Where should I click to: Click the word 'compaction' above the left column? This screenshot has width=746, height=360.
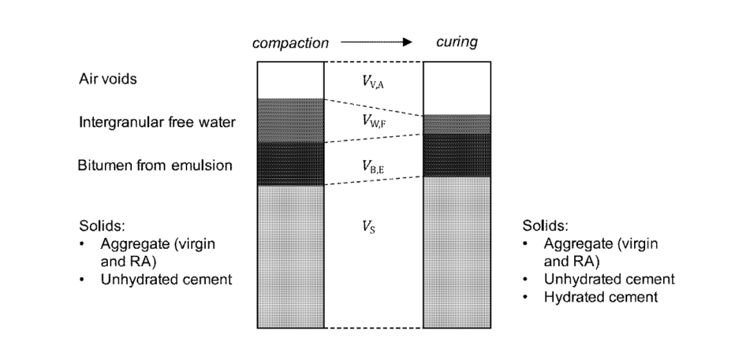289,43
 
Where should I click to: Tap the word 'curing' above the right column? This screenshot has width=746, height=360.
457,43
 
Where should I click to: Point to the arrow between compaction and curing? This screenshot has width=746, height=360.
376,42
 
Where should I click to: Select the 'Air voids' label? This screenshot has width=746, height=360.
108,79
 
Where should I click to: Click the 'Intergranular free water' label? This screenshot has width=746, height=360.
157,122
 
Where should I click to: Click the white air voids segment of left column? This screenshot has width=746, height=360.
290,80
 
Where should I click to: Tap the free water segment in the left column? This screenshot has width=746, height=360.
290,120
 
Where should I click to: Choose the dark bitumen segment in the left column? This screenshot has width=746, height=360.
290,164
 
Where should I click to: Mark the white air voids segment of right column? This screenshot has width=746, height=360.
457,88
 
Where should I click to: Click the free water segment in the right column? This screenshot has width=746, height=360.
457,124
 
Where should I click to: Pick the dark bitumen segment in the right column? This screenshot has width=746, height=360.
457,155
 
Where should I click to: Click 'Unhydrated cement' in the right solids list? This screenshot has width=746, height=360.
609,280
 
